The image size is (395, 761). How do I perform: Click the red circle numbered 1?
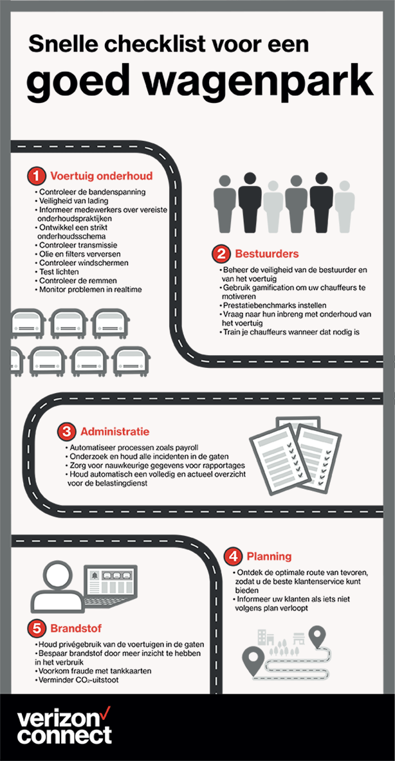click(36, 176)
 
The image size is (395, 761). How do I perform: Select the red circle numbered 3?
click(66, 431)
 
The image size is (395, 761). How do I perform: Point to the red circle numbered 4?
click(232, 556)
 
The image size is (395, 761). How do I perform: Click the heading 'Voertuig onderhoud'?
click(102, 176)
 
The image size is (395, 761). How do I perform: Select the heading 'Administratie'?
click(115, 431)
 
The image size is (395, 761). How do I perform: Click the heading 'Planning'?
click(269, 556)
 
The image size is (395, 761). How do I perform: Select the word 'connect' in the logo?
click(64, 735)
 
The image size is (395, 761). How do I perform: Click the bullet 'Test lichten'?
click(55, 271)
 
